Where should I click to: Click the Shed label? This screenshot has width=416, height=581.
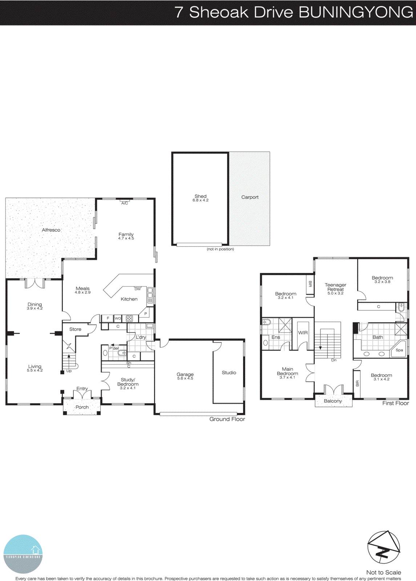[x=201, y=196]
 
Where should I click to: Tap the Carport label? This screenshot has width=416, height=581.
[x=250, y=197]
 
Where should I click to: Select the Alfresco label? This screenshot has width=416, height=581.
[x=51, y=230]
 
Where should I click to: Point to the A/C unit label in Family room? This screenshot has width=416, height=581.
[x=125, y=203]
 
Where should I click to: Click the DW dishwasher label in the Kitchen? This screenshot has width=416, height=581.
[x=138, y=289]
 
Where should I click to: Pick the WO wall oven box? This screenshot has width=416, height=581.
[x=118, y=318]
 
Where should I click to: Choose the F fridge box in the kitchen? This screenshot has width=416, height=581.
[x=108, y=318]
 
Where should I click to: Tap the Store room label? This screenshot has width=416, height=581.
[x=75, y=329]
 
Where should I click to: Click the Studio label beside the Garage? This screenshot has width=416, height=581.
[x=229, y=373]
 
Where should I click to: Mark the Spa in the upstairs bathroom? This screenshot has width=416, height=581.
[x=399, y=350]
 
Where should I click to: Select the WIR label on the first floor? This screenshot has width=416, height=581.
[x=303, y=333]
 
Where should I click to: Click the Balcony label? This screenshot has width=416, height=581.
[x=333, y=401]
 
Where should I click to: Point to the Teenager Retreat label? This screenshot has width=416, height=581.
[x=335, y=287]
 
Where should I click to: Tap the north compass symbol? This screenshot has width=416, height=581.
[x=384, y=548]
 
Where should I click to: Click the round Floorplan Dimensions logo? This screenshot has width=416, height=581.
[x=23, y=554]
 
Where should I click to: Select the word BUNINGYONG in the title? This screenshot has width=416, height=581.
[x=356, y=12]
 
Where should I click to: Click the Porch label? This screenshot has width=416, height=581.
[x=82, y=407]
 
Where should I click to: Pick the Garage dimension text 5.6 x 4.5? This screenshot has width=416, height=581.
[x=185, y=378]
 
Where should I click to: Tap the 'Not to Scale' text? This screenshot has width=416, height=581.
[x=384, y=572]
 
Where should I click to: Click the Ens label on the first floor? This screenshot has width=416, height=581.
[x=276, y=337]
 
